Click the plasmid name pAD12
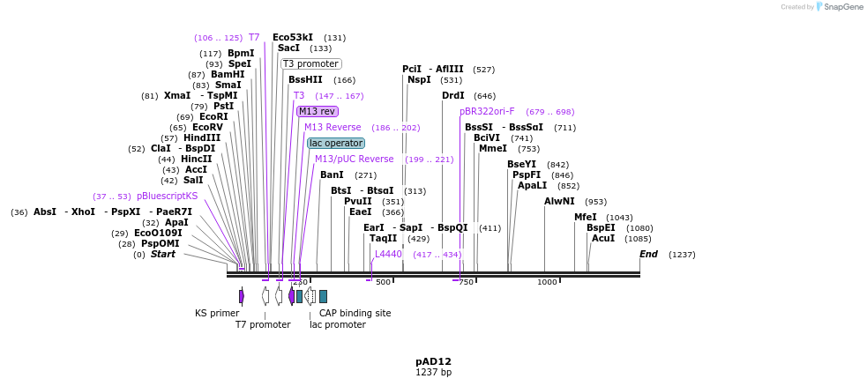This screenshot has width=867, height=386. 433,361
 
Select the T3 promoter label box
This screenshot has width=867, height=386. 310,63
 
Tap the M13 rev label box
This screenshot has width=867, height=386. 317,111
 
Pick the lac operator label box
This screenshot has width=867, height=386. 335,143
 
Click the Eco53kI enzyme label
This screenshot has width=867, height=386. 293,37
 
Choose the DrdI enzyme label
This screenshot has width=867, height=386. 453,95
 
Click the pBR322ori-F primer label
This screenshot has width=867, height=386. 487,111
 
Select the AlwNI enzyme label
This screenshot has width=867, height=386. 559,201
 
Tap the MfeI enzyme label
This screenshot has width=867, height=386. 586,217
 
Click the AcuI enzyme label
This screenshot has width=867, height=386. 603,238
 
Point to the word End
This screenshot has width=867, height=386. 648,254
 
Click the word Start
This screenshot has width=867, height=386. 162,254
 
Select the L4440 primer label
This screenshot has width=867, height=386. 388,254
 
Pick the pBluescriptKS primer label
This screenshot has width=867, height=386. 168,196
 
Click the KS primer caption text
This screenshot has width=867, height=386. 217,313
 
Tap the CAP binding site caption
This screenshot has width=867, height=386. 355,313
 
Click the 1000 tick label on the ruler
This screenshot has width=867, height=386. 547,282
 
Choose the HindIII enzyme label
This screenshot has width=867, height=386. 202,137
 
